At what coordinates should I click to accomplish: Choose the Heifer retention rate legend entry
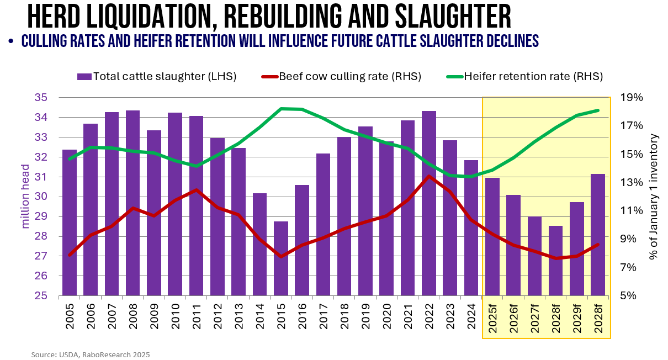524,77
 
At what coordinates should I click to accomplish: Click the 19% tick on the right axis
632,98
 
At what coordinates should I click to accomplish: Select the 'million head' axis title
26,197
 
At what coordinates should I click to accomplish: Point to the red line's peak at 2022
429,176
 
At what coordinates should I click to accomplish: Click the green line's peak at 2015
281,108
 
